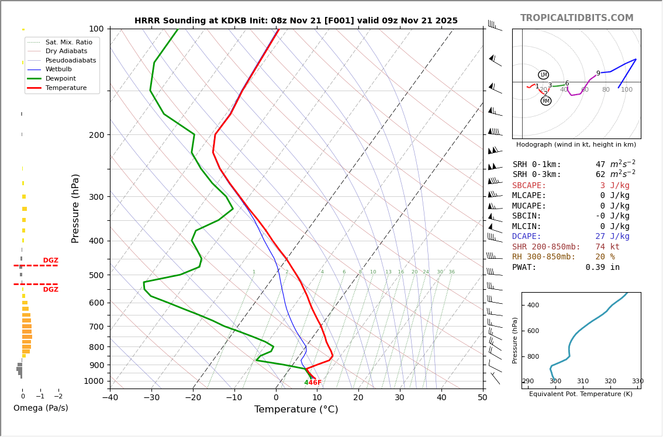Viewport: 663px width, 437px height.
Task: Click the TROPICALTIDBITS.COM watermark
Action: pos(576,18)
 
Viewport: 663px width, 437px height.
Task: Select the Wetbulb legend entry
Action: pos(58,70)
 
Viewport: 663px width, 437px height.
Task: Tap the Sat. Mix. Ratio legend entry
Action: pos(68,42)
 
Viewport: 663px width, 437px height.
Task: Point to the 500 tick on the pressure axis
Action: pos(96,275)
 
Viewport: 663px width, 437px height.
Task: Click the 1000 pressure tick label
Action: pos(94,381)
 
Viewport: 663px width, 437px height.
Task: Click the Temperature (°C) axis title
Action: pos(296,410)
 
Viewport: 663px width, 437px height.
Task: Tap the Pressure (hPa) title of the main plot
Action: pos(75,208)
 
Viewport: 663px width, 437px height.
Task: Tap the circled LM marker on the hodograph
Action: pos(543,75)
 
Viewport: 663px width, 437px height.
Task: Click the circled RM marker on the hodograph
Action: pos(545,101)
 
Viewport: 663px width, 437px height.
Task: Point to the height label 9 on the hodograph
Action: pos(598,74)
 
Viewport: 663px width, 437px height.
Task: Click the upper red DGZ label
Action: pos(50,261)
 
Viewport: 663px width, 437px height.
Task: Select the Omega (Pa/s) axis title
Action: pos(40,408)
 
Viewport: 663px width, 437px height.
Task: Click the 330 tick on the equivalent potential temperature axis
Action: pos(637,381)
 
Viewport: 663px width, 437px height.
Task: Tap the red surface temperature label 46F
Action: pos(315,383)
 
